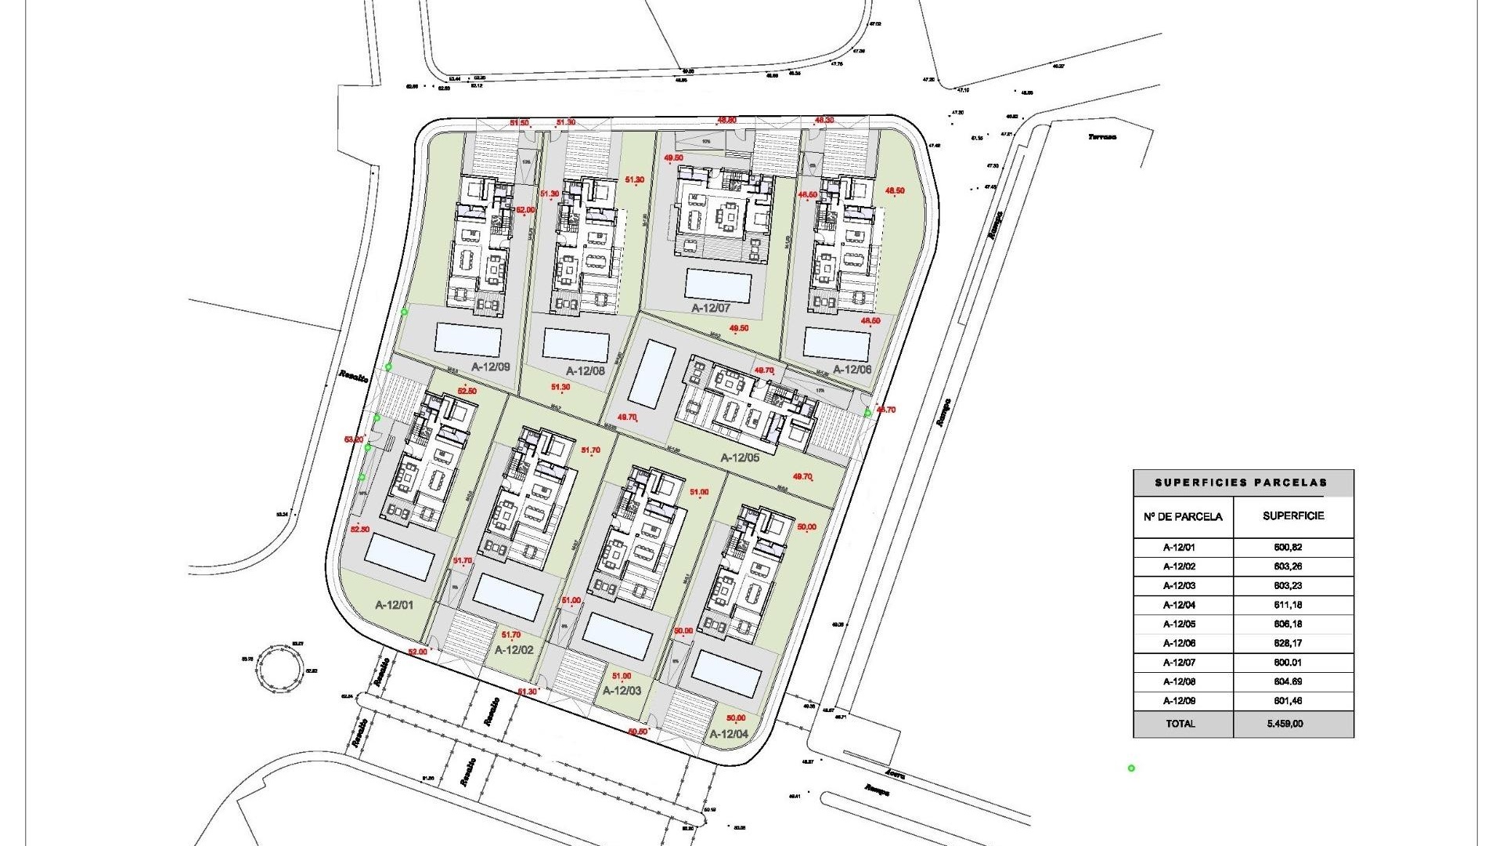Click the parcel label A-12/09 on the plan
(491, 366)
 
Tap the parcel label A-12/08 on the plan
(586, 371)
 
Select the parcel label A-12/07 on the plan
(710, 309)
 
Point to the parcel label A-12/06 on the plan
(852, 369)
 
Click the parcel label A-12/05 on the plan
(740, 457)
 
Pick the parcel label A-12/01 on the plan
(395, 605)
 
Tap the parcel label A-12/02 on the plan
(514, 650)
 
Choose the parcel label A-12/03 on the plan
(622, 691)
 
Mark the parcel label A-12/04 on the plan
(729, 734)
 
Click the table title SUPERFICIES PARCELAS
(1242, 483)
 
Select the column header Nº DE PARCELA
(1183, 516)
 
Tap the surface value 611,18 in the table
(1288, 605)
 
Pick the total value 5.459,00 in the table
(1286, 724)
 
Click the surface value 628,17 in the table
(1288, 643)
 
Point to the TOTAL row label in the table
(1180, 724)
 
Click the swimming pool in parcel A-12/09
(467, 339)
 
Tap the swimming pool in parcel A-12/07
(718, 287)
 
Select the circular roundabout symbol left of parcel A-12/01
(279, 666)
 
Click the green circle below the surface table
(1131, 768)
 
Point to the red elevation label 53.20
(354, 439)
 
